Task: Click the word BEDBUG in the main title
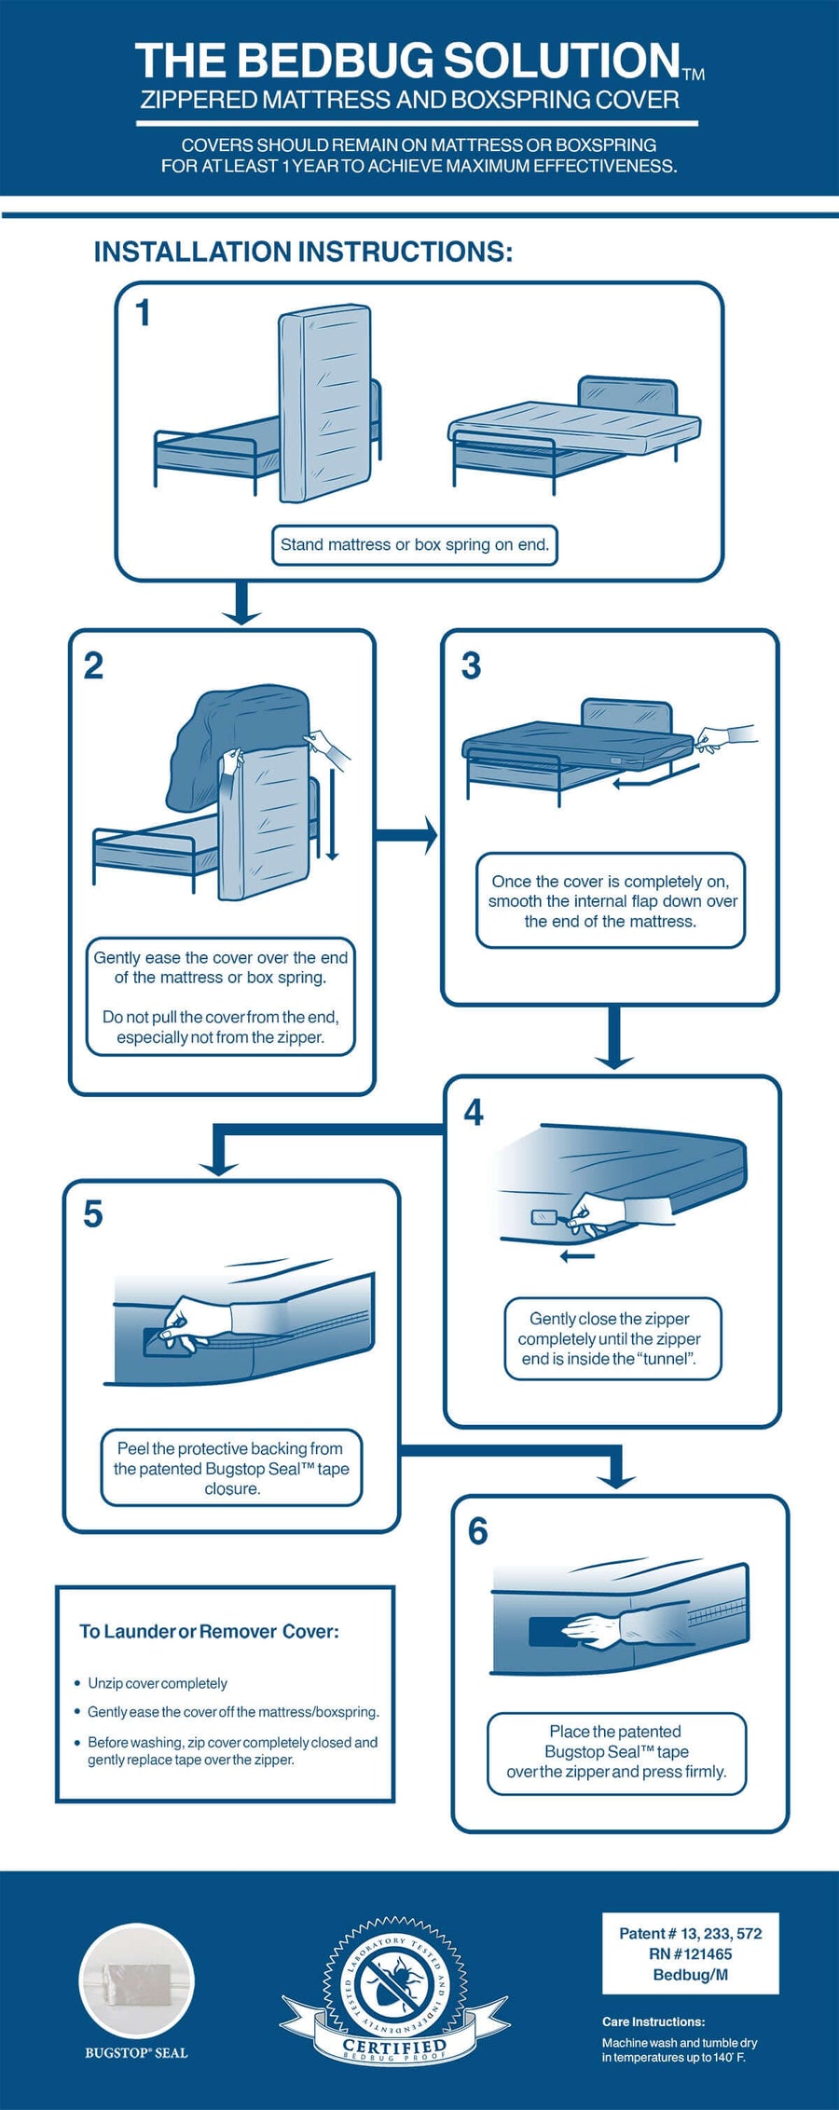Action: click(x=337, y=62)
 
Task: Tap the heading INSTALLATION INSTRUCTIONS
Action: click(x=303, y=252)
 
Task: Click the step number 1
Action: click(x=143, y=313)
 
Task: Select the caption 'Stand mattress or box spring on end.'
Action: click(x=415, y=545)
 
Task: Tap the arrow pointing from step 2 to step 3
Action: click(x=406, y=834)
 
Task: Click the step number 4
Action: click(x=474, y=1112)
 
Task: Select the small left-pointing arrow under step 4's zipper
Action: click(x=577, y=1256)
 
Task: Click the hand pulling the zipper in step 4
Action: click(x=606, y=1213)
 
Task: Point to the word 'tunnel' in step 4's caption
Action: click(x=666, y=1359)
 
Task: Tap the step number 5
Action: click(x=93, y=1214)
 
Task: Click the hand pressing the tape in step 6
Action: click(x=597, y=1630)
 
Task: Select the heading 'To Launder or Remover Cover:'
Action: click(x=209, y=1632)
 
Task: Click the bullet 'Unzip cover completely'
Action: click(x=157, y=1683)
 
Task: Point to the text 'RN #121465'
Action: click(x=691, y=1954)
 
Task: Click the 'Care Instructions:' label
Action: click(x=653, y=2021)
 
